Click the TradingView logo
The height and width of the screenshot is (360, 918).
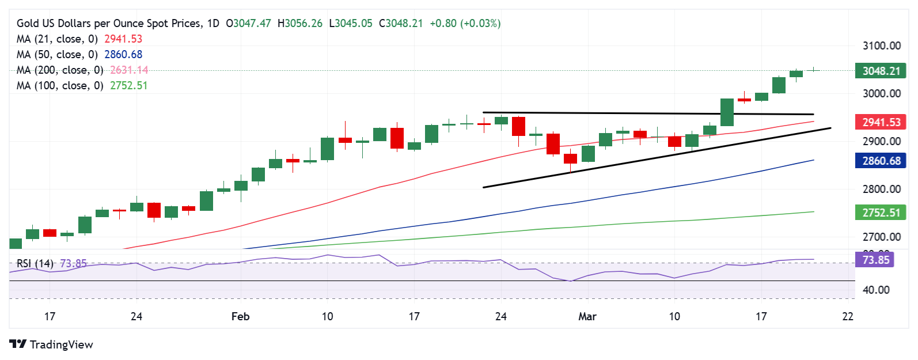click(x=51, y=344)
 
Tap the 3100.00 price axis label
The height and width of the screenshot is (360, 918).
click(x=881, y=46)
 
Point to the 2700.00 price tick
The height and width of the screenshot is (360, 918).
click(x=881, y=237)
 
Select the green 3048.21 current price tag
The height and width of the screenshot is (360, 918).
click(x=881, y=71)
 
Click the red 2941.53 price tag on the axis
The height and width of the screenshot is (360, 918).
click(x=881, y=122)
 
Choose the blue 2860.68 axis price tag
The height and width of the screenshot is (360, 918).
click(x=881, y=161)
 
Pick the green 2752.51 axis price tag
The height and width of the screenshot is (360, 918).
click(x=881, y=213)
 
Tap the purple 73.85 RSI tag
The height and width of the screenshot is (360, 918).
click(x=875, y=260)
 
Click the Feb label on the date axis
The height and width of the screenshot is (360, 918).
click(x=240, y=316)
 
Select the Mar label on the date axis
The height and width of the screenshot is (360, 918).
click(x=587, y=316)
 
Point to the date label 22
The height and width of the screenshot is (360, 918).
click(x=847, y=316)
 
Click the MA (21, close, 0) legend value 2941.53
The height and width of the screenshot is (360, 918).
click(x=123, y=39)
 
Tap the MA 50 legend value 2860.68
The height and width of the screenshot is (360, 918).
click(x=123, y=55)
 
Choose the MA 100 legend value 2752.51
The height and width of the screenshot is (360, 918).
click(x=129, y=86)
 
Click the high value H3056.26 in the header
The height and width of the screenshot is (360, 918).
click(x=300, y=24)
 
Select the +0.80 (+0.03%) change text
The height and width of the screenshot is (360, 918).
click(x=465, y=24)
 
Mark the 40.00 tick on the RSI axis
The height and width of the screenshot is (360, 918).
click(x=875, y=290)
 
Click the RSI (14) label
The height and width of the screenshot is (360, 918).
click(x=35, y=264)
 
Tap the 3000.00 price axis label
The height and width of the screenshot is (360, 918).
click(x=881, y=93)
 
